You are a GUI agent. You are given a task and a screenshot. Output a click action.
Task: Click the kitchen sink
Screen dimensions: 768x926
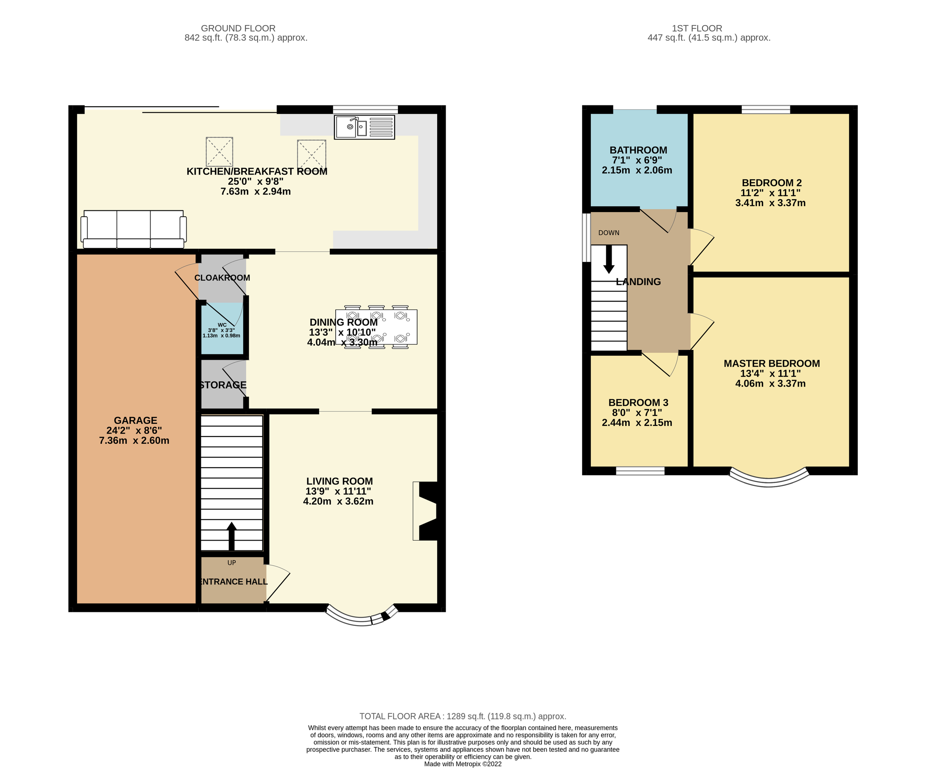point(364,127)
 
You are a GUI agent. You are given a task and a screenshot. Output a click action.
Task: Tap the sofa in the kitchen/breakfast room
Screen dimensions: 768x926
point(134,229)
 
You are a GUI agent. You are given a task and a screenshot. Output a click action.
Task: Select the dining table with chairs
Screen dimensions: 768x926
point(376,327)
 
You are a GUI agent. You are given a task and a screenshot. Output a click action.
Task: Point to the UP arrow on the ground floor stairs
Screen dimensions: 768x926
point(231,536)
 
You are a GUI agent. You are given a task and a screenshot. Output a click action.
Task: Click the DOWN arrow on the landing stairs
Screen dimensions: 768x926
point(609,259)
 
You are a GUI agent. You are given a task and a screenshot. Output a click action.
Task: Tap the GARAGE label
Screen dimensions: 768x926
point(135,420)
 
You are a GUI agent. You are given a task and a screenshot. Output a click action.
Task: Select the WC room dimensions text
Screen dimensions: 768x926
point(221,333)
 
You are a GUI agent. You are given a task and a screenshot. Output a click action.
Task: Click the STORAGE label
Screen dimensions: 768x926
point(223,385)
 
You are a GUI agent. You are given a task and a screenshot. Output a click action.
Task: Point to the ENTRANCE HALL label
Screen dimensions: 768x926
point(233,582)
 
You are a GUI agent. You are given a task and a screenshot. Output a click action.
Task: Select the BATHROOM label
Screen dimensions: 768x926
point(638,151)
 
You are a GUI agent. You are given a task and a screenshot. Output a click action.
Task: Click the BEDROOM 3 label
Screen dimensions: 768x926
point(638,403)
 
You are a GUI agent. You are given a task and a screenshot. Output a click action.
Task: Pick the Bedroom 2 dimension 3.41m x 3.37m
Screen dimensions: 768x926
point(770,204)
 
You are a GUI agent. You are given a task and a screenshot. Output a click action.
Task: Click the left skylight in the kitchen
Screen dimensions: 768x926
point(219,151)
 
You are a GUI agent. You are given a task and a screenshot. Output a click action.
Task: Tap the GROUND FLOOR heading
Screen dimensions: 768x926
point(238,28)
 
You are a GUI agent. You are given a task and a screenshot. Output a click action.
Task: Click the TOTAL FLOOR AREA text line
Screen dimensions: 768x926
point(462,716)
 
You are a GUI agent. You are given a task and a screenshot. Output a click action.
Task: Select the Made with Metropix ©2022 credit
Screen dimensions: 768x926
point(462,764)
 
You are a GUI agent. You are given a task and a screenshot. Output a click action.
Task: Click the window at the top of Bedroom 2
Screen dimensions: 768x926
point(766,109)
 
